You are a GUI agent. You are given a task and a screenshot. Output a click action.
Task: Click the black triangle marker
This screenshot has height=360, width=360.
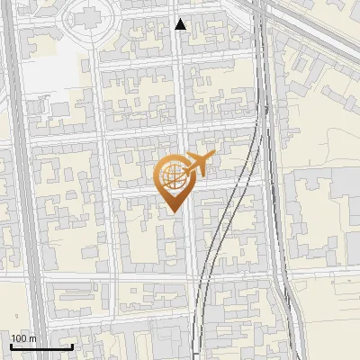click(181, 25)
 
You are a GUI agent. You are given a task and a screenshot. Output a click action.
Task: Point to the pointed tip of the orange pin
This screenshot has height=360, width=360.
click(172, 213)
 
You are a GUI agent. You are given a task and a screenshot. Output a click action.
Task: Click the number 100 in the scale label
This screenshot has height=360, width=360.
click(19, 338)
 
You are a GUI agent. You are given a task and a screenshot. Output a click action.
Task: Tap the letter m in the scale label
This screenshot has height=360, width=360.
click(31, 338)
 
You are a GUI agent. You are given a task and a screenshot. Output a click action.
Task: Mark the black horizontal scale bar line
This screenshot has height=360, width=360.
click(41, 346)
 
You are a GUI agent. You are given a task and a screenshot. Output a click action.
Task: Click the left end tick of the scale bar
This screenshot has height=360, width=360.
click(11, 345)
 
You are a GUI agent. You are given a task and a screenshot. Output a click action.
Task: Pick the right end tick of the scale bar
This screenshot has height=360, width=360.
click(72, 345)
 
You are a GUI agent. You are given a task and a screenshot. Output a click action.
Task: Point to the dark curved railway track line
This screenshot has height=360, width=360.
click(216, 243)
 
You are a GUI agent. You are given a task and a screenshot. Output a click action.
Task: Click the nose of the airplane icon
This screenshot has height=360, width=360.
click(213, 157)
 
